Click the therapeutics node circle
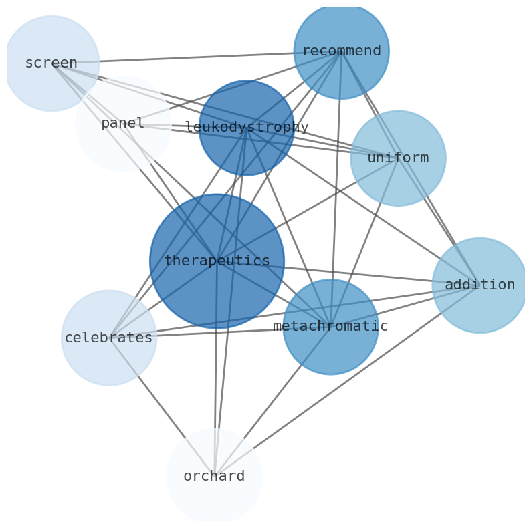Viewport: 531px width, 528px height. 217,281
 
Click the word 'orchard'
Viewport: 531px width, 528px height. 214,477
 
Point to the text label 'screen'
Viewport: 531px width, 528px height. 51,63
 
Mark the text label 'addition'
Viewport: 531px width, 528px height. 480,285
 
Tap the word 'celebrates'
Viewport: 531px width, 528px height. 109,338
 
